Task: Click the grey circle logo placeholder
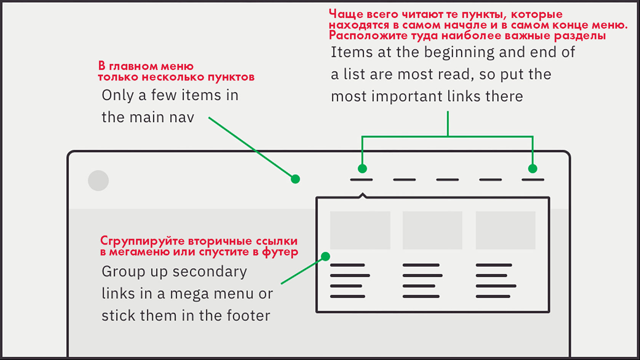[x=98, y=181]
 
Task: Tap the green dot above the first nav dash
[x=362, y=168]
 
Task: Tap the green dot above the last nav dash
[x=533, y=168]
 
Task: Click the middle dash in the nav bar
[x=447, y=180]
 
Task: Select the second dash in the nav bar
[x=404, y=180]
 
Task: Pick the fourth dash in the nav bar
[x=490, y=180]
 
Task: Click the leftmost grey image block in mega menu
[x=360, y=230]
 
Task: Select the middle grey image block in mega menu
[x=432, y=230]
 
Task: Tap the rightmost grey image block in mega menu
[x=506, y=230]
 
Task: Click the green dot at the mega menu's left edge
[x=325, y=256]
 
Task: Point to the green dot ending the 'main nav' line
[x=295, y=179]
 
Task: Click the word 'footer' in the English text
[x=248, y=316]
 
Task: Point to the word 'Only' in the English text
[x=118, y=95]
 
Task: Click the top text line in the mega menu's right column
[x=494, y=265]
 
